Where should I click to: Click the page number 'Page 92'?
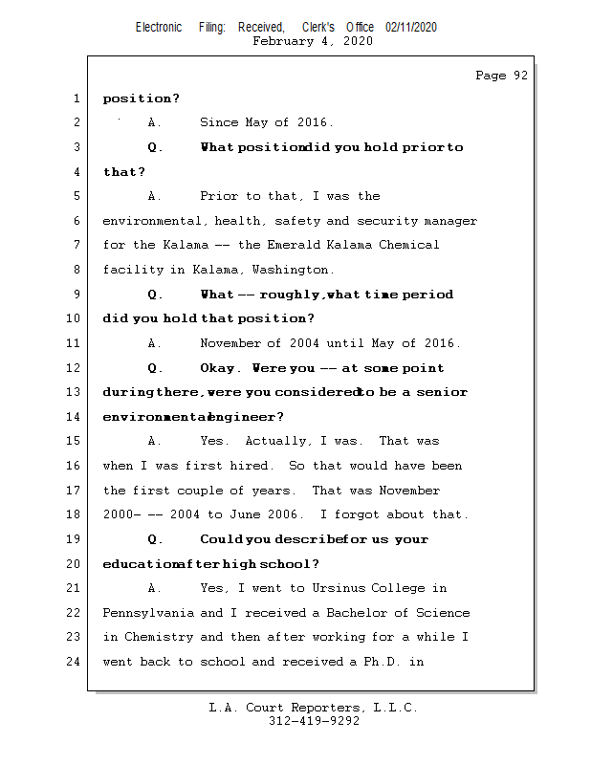point(501,76)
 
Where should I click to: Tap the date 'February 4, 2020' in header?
point(313,41)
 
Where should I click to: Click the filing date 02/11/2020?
point(411,28)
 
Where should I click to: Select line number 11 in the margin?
point(76,343)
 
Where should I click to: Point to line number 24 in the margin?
point(76,661)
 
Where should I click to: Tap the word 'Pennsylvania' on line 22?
point(148,613)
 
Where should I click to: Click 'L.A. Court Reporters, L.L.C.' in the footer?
point(314,708)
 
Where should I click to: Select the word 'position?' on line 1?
point(142,98)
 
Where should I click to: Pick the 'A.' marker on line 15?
point(155,441)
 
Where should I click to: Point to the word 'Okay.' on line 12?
point(219,368)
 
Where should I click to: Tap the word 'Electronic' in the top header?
point(159,28)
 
